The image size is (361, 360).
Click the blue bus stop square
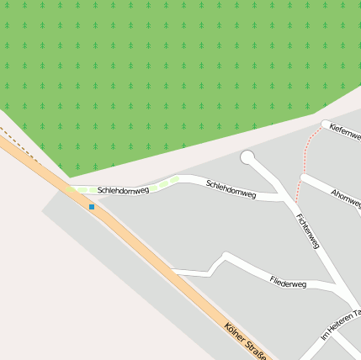tap(92, 206)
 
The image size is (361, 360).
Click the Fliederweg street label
tap(288, 283)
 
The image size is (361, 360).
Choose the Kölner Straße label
tap(245, 342)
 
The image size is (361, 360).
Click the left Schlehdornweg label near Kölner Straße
tap(123, 191)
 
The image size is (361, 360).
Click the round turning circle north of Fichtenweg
tap(247, 157)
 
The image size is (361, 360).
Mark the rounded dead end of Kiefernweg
tap(326, 124)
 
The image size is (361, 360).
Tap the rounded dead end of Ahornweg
tap(304, 178)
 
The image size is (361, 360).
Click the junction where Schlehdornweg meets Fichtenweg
tap(284, 199)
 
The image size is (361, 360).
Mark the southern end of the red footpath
tap(296, 203)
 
